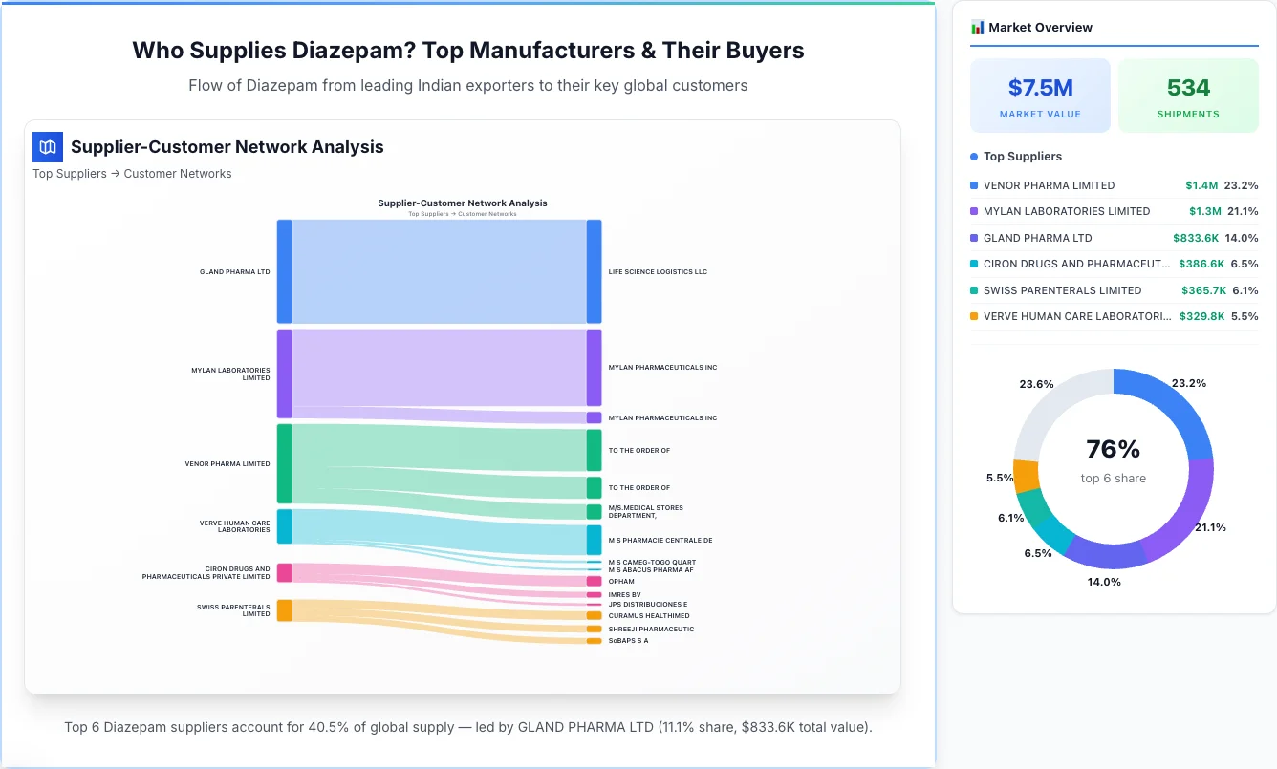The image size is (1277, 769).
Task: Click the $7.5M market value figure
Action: [x=1040, y=88]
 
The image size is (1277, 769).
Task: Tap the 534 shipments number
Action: [x=1188, y=88]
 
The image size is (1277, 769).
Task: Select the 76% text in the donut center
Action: [x=1113, y=449]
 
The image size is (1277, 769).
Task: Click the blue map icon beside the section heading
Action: [x=48, y=147]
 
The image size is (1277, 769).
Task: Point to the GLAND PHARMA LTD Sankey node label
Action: [x=234, y=272]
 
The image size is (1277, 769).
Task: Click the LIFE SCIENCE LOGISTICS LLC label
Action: [x=658, y=272]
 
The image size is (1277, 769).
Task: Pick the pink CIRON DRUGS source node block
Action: [x=285, y=572]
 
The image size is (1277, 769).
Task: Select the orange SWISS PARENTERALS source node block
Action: [x=285, y=610]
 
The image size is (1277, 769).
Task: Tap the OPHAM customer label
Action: [x=621, y=581]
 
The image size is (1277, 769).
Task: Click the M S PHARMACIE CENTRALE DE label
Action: [x=660, y=541]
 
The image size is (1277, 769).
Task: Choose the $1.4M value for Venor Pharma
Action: [x=1201, y=185]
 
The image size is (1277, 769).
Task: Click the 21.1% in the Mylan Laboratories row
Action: [x=1243, y=211]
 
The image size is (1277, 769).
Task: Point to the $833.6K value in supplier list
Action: [x=1195, y=238]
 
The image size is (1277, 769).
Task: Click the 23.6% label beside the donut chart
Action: [x=1036, y=384]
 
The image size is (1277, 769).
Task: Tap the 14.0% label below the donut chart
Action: [x=1104, y=581]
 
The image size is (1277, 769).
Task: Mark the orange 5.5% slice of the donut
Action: [x=1026, y=476]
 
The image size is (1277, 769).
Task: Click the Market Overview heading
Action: [x=1040, y=28]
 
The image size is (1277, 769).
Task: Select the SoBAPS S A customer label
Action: [x=628, y=641]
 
